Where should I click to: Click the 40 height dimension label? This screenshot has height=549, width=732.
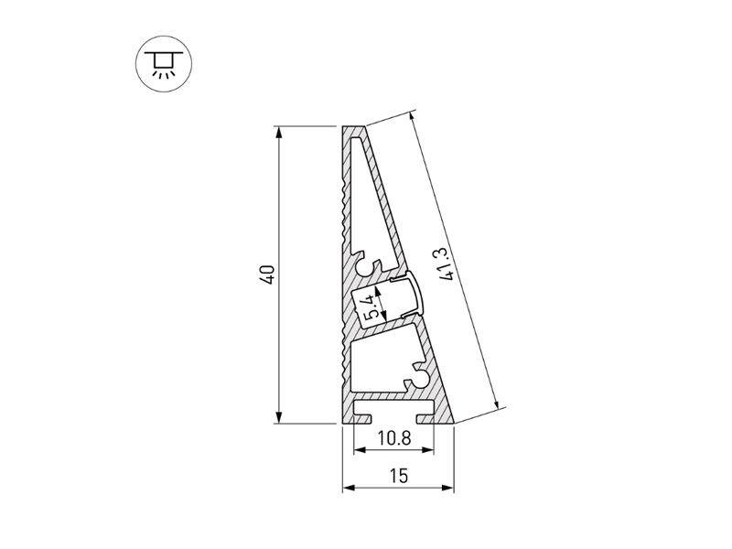pyautogui.click(x=269, y=274)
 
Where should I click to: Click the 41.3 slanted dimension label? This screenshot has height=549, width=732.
pyautogui.click(x=445, y=264)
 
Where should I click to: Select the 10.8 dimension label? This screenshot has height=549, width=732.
pyautogui.click(x=394, y=438)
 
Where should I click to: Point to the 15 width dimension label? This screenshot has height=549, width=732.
pyautogui.click(x=398, y=476)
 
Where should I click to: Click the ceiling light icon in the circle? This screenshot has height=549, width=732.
pyautogui.click(x=164, y=63)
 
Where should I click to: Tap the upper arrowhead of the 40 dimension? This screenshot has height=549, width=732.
pyautogui.click(x=279, y=133)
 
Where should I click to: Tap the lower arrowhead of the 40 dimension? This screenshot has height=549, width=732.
pyautogui.click(x=279, y=417)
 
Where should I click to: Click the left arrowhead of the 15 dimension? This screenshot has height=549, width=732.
pyautogui.click(x=349, y=488)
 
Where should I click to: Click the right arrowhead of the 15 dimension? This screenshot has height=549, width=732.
pyautogui.click(x=447, y=488)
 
